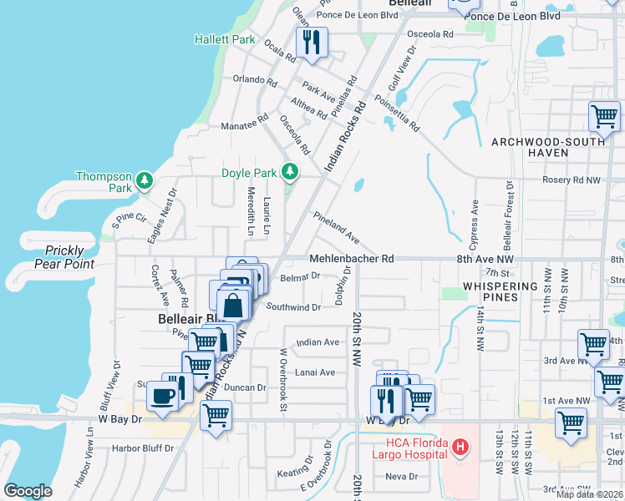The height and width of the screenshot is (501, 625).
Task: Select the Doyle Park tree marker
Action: click(x=290, y=172)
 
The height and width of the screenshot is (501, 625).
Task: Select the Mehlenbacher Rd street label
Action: click(x=351, y=259)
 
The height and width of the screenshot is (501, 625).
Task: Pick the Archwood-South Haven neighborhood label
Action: click(x=546, y=148)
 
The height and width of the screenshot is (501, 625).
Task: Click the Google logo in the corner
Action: click(x=28, y=491)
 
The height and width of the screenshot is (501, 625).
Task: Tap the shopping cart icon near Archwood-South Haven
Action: click(x=603, y=117)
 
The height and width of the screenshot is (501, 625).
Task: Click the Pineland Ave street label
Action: click(x=336, y=228)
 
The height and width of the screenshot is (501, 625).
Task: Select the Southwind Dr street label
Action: click(x=293, y=307)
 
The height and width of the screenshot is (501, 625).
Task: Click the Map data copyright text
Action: click(x=589, y=494)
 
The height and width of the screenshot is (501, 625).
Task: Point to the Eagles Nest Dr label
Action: click(x=162, y=215)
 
